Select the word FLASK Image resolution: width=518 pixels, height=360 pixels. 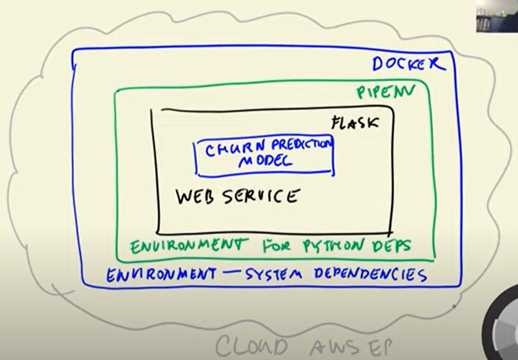[x=355, y=122]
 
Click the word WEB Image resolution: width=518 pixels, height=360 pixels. [x=196, y=197]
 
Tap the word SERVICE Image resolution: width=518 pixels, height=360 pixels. [x=261, y=196]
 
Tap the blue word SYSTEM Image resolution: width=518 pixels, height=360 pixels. [x=274, y=275]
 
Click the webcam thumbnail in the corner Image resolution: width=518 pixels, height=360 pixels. [x=496, y=15]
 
